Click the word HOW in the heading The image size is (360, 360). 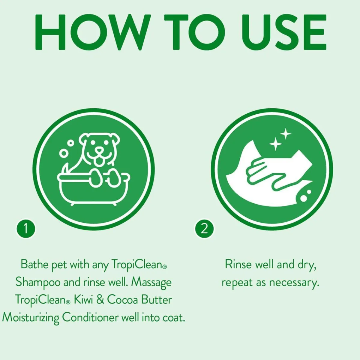93,32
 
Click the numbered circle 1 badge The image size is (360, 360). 26,229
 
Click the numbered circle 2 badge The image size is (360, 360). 204,229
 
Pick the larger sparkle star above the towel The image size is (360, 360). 275,144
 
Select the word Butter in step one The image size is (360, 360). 156,300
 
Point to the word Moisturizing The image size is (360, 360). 31,318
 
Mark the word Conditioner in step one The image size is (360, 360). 90,317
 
